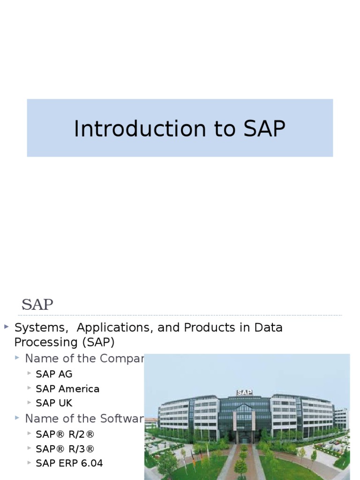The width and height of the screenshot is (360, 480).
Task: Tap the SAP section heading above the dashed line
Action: click(x=37, y=305)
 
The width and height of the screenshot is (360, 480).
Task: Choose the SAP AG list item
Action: click(x=54, y=374)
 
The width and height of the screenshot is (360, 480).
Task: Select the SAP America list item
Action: click(x=67, y=389)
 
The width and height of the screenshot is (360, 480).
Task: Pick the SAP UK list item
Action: click(x=54, y=403)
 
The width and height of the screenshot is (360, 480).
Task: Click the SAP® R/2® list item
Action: click(x=65, y=434)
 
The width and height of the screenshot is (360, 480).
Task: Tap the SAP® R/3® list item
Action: click(x=65, y=449)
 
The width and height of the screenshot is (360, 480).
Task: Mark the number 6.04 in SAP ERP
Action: click(x=91, y=463)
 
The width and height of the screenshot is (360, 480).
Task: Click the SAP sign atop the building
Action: click(x=244, y=392)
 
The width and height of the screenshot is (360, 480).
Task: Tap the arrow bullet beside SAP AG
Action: click(x=30, y=374)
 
